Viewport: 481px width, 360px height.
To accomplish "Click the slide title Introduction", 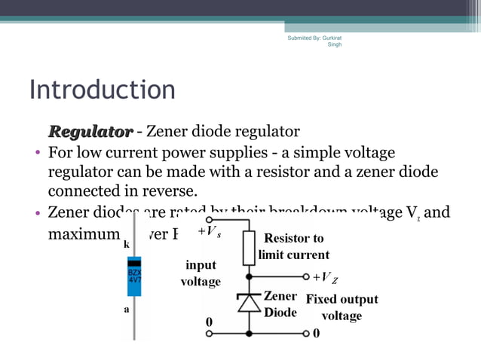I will (x=102, y=90).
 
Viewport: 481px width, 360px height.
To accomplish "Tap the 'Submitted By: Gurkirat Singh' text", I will (x=314, y=41).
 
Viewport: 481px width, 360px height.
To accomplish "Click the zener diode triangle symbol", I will (x=249, y=302).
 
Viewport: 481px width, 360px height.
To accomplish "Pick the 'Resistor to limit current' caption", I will (x=294, y=246).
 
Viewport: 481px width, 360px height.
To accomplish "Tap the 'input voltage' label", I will (x=201, y=273).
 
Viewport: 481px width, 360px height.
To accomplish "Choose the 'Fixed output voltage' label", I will (x=342, y=307).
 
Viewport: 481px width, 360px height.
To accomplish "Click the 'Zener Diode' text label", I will (x=280, y=304).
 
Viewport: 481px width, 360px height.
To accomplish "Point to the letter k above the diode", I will (x=125, y=246).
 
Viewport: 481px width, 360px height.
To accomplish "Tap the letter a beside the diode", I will (x=125, y=310).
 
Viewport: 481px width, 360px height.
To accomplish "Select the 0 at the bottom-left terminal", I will (x=210, y=322).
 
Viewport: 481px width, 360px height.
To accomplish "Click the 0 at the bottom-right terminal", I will (x=317, y=331).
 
